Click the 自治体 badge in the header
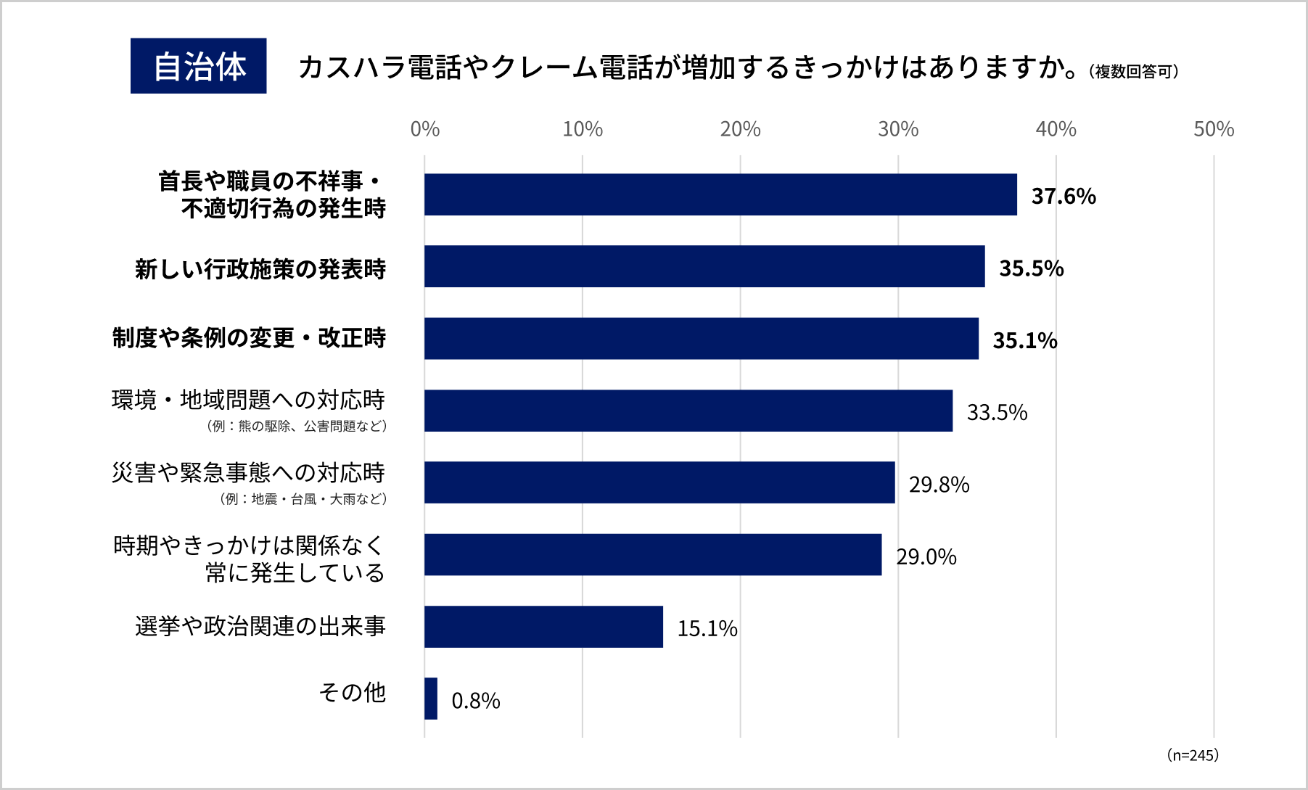(x=198, y=66)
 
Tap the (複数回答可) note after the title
(x=1133, y=71)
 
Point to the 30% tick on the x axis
(x=897, y=129)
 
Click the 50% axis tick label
(x=1213, y=129)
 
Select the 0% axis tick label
(x=424, y=129)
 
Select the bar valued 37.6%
(x=720, y=194)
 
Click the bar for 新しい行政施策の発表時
(x=704, y=266)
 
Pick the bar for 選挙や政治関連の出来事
(x=543, y=627)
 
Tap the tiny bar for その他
(x=431, y=699)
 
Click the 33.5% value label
(x=997, y=412)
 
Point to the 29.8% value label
(x=939, y=484)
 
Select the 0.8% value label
(x=476, y=701)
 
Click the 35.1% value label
(x=1024, y=340)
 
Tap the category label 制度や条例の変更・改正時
(x=249, y=338)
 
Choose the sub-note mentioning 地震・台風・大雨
(x=303, y=499)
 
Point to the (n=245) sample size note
(x=1192, y=755)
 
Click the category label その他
(x=352, y=693)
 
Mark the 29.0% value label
(x=926, y=556)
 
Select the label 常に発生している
(x=295, y=573)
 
